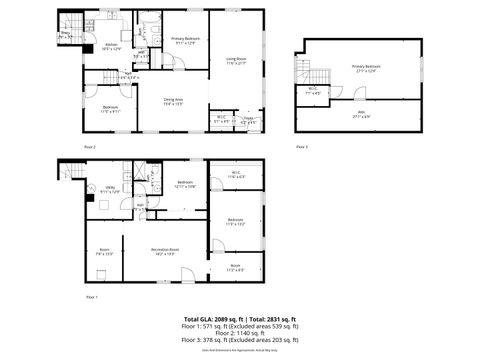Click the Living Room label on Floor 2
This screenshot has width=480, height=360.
[236, 61]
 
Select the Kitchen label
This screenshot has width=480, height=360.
[113, 47]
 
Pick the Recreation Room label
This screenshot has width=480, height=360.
[164, 251]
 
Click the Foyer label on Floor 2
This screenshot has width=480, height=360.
[250, 120]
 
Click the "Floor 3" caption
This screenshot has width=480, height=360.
[302, 146]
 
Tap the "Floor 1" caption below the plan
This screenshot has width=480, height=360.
[92, 297]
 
